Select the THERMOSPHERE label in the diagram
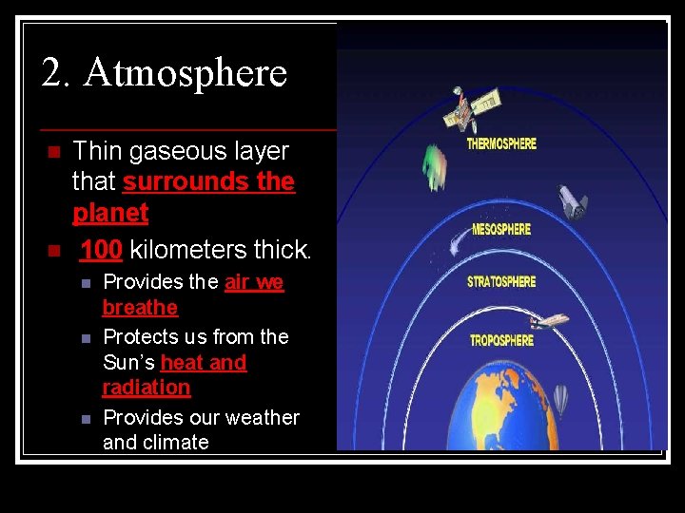point(501,144)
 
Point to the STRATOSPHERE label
point(501,282)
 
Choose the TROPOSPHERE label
point(501,340)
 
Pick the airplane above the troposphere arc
point(549,321)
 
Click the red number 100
point(101,250)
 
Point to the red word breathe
point(140,308)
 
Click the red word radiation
point(146,388)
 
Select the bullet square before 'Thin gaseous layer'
point(53,152)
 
